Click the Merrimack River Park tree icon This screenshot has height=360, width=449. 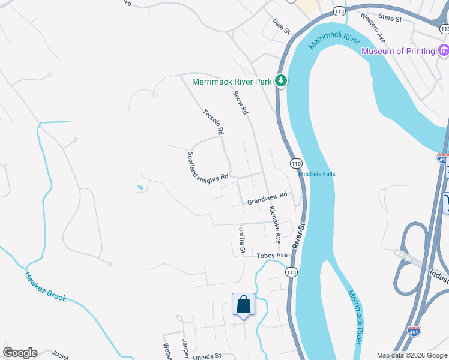280,80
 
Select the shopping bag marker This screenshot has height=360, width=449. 244,304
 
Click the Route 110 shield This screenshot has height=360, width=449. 296,163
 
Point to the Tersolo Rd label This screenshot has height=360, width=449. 213,121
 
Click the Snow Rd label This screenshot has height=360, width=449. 240,103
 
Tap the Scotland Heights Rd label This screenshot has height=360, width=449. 208,167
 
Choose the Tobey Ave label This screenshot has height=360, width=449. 273,256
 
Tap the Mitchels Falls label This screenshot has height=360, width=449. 317,174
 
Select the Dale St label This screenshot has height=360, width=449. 281,26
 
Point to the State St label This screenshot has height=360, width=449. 390,19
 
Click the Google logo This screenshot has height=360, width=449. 20,353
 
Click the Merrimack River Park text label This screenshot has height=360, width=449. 232,81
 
